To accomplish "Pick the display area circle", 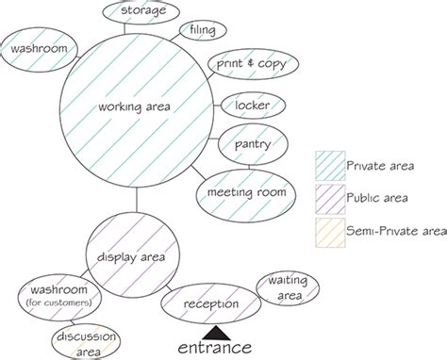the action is pyautogui.click(x=138, y=255).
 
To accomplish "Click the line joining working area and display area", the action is pyautogui.click(x=138, y=199).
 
